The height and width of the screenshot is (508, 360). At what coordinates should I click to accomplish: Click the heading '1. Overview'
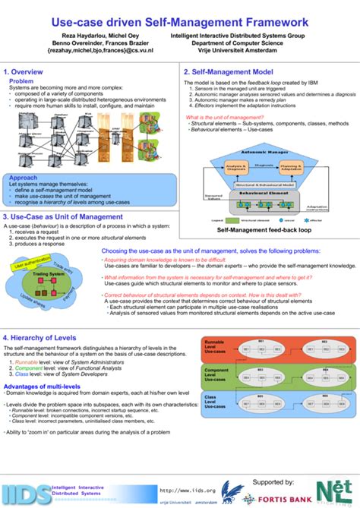point(24,72)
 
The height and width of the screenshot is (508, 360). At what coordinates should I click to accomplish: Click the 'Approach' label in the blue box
point(23,178)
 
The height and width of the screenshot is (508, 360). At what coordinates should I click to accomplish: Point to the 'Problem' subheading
point(21,80)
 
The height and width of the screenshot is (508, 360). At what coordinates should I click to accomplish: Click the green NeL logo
point(338,490)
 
